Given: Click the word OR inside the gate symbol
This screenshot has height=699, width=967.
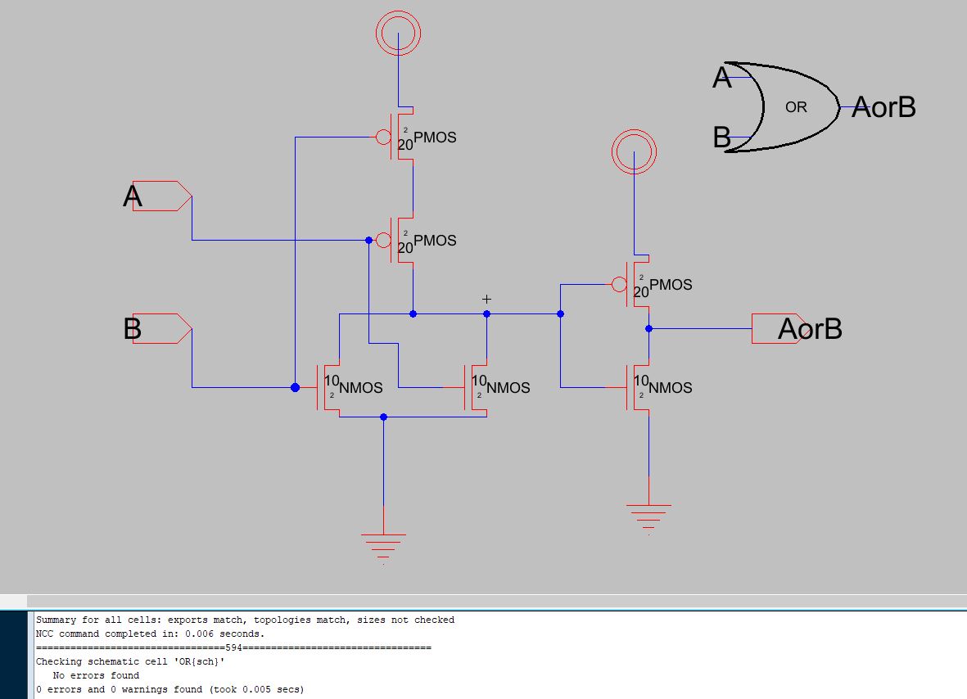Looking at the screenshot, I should [796, 107].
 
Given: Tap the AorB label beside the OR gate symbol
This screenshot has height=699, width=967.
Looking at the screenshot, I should [883, 107].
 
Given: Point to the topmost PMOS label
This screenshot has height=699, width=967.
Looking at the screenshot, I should [435, 138].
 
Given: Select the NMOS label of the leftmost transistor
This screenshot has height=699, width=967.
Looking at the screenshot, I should [361, 388].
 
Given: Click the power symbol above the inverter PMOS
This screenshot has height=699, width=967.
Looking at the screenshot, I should [634, 151].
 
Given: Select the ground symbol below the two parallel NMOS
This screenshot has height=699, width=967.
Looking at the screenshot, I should [383, 542].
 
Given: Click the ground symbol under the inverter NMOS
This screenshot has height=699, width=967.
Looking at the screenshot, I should [648, 512].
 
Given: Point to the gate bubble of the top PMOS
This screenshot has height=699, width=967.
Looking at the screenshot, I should [383, 137].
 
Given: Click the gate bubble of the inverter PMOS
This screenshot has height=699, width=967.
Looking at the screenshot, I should [619, 284].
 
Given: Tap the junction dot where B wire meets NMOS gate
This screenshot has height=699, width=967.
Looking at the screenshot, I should [295, 387].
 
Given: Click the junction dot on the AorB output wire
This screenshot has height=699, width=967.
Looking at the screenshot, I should [648, 328].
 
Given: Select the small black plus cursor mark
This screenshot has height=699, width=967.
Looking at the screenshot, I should [486, 300].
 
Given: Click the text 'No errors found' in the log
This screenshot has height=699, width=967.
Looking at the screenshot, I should [96, 675].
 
